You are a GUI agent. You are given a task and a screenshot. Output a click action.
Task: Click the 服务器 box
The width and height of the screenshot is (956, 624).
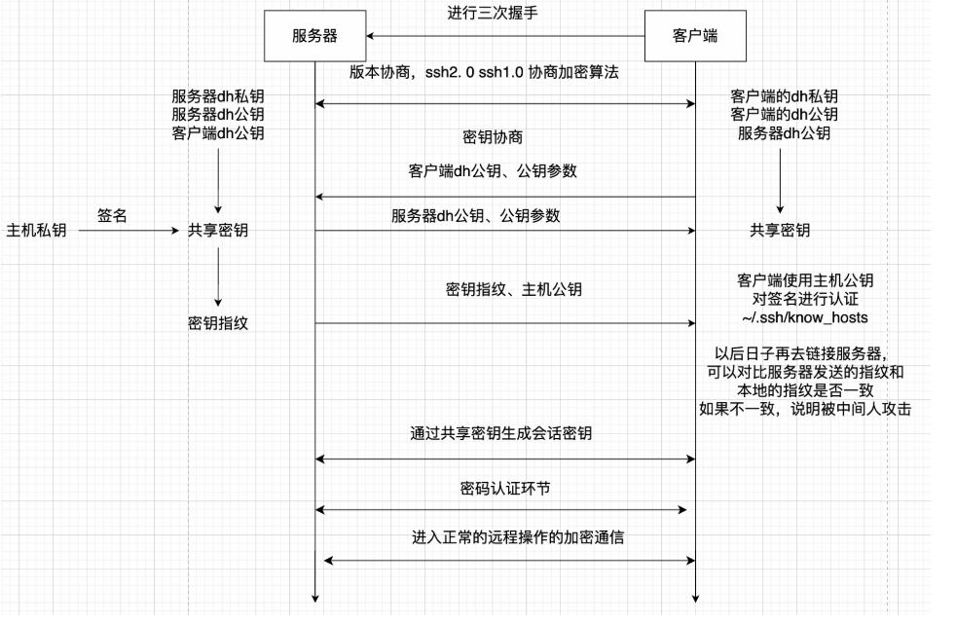pyautogui.click(x=314, y=36)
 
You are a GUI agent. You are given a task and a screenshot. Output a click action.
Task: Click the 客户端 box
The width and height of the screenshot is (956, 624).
pyautogui.click(x=696, y=36)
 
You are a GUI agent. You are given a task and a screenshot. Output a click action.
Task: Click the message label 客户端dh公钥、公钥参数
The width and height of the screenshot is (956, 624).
pyautogui.click(x=493, y=170)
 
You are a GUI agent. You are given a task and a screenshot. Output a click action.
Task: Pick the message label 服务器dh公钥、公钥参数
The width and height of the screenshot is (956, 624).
pyautogui.click(x=476, y=215)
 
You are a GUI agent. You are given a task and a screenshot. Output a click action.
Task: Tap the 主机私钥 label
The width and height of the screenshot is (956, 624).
pyautogui.click(x=36, y=232)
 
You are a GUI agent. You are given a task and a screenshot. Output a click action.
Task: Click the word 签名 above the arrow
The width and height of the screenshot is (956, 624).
pyautogui.click(x=112, y=215)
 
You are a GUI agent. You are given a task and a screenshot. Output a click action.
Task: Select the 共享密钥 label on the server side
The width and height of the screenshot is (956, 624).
pyautogui.click(x=218, y=232)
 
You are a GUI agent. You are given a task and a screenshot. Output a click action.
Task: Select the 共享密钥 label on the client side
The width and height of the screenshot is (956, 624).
pyautogui.click(x=779, y=231)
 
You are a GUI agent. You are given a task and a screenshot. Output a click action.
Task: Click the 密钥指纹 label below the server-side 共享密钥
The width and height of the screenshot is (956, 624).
pyautogui.click(x=218, y=323)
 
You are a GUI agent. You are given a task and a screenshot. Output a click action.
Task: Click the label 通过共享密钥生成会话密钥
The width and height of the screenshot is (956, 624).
pyautogui.click(x=500, y=434)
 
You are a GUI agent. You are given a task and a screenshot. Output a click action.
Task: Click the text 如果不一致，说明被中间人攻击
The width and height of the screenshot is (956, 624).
pyautogui.click(x=805, y=408)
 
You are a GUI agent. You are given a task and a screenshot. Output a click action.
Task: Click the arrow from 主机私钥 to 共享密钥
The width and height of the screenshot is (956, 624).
pyautogui.click(x=127, y=232)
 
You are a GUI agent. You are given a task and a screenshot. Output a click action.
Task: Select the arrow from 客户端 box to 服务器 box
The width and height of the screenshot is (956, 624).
pyautogui.click(x=505, y=36)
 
